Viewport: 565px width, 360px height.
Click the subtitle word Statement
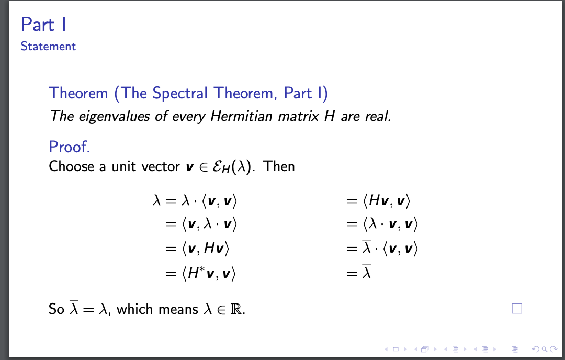click(x=48, y=47)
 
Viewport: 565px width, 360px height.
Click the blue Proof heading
click(x=70, y=147)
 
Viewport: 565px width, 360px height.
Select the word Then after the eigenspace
click(x=279, y=166)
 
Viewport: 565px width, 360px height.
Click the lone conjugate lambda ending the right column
click(x=367, y=272)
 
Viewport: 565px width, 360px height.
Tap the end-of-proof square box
click(x=517, y=309)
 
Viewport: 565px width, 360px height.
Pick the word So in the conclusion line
click(x=56, y=309)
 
